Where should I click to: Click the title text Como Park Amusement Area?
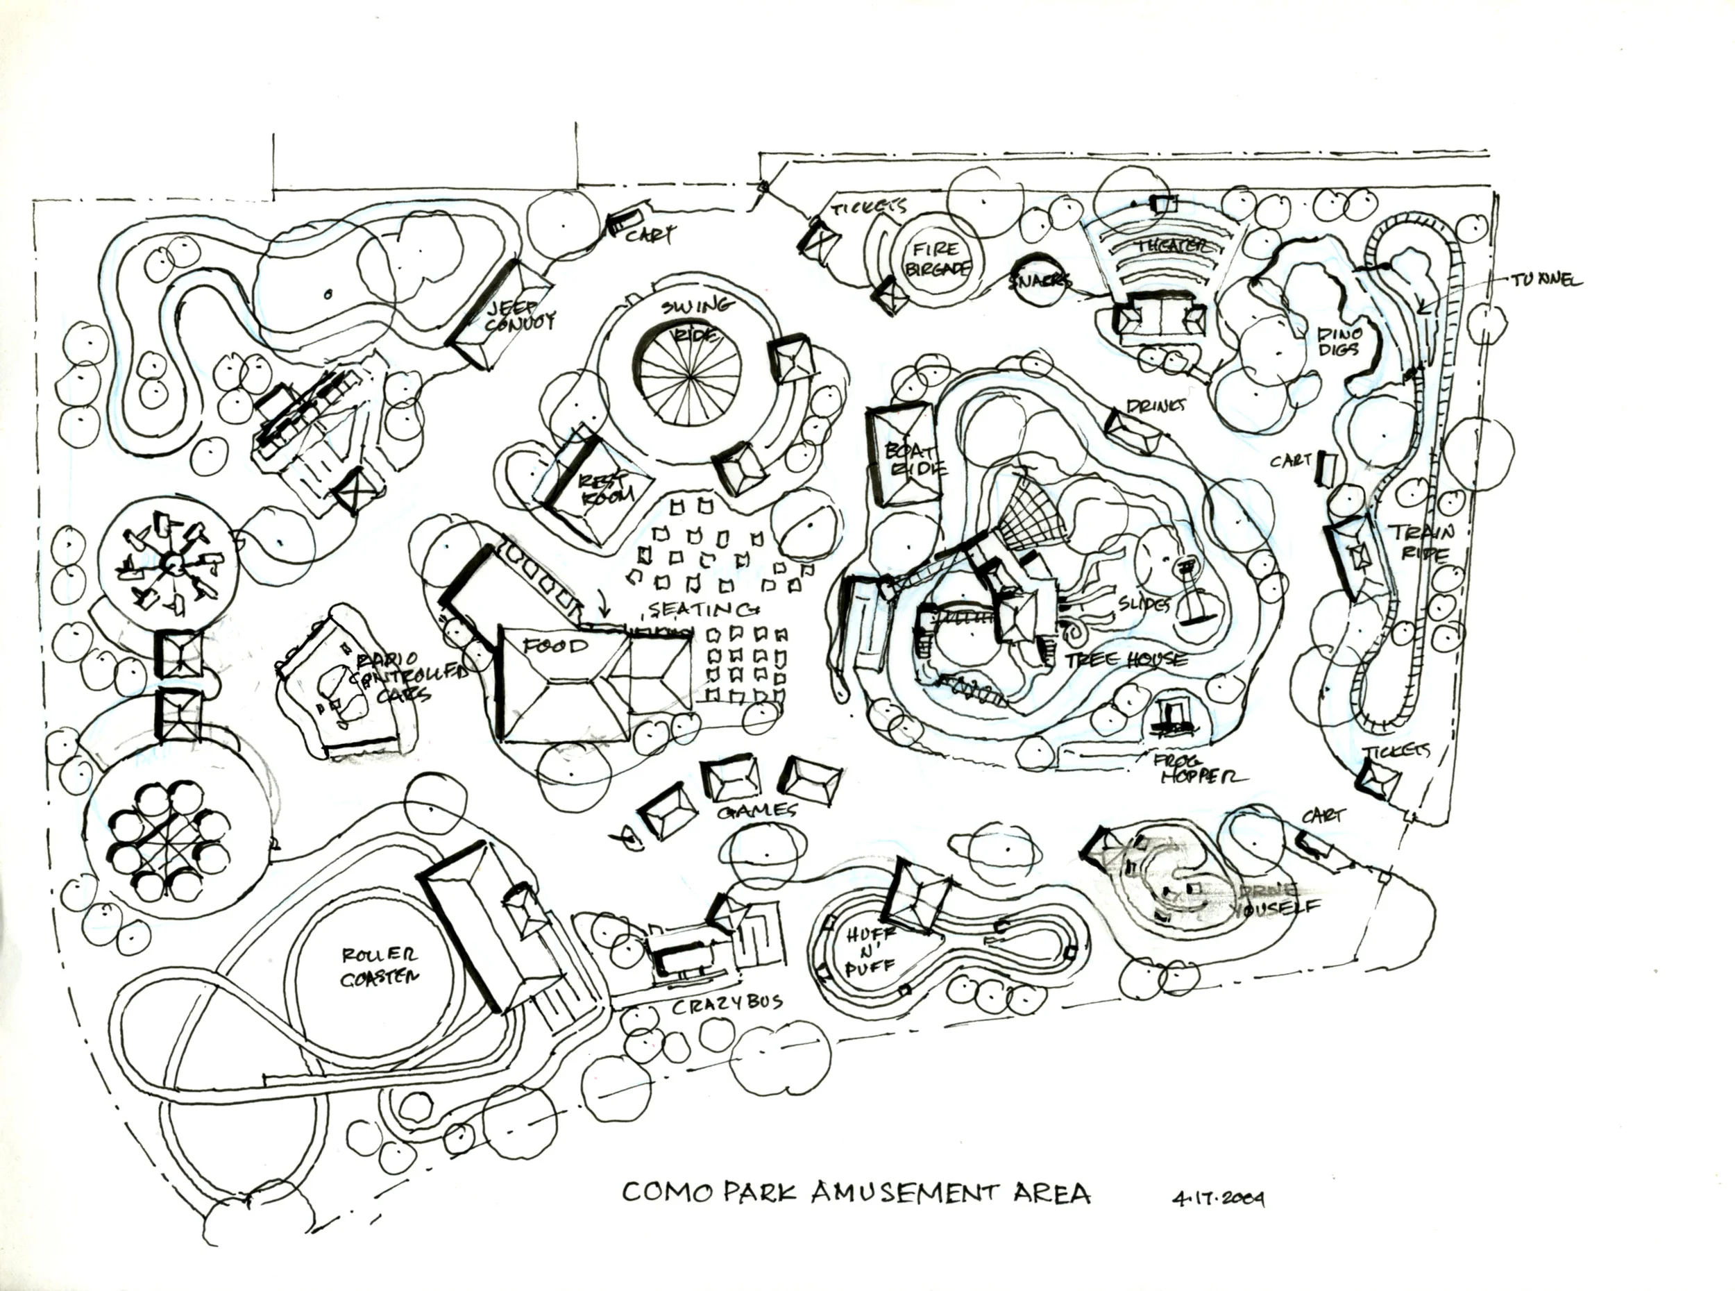[x=856, y=1192]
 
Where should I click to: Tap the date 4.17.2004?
[x=1218, y=1198]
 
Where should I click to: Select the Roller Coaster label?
[x=380, y=966]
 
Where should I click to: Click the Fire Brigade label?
[x=937, y=259]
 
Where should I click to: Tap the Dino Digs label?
[x=1339, y=341]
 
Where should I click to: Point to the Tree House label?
[x=1125, y=660]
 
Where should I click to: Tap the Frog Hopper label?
[x=1201, y=768]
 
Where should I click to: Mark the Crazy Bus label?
[x=727, y=1004]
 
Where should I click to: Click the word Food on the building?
[x=555, y=646]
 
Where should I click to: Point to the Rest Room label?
[x=603, y=490]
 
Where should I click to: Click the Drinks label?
[x=1156, y=405]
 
